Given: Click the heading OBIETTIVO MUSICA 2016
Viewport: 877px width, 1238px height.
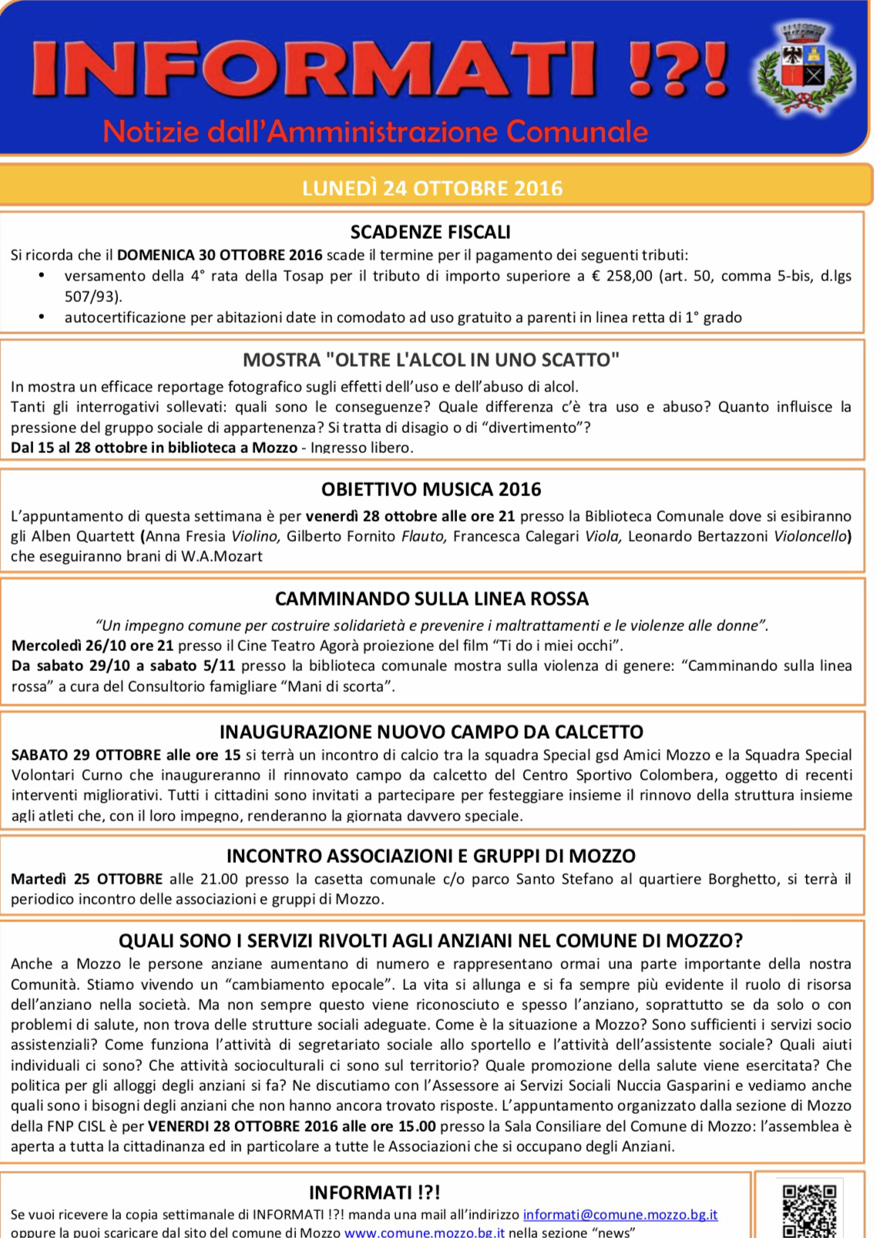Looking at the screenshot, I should [431, 489].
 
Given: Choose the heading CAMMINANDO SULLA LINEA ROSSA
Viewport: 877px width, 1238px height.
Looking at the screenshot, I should [432, 599].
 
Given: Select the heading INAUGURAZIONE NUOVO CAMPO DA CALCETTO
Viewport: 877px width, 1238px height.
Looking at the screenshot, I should [432, 731].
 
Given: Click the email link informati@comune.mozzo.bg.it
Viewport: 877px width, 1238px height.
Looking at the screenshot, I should [620, 1214].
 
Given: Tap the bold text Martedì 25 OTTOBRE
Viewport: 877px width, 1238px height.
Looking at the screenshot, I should [86, 878].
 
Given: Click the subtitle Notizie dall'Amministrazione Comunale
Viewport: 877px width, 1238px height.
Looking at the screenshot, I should [375, 132].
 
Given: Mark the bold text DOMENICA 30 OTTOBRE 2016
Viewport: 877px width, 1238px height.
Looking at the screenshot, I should [220, 255].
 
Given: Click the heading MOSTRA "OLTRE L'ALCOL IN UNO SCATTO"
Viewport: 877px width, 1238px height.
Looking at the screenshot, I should [431, 360].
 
